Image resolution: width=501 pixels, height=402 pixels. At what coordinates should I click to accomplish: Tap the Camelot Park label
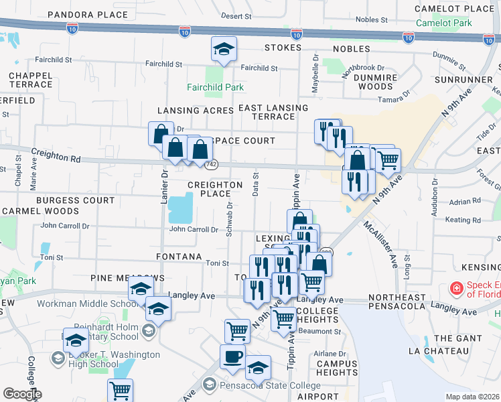pos(443,22)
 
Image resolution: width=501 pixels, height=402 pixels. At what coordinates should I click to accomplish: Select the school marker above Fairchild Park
pos(224,49)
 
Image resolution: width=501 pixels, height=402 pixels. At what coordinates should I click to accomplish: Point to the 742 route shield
pos(212,164)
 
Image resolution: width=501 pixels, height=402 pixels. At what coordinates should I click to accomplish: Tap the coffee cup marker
pos(232,356)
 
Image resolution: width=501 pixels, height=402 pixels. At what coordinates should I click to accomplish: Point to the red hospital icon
pos(456,288)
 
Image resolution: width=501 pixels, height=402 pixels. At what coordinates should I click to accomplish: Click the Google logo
pos(21,394)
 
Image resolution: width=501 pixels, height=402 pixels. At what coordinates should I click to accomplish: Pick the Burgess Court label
pos(75,200)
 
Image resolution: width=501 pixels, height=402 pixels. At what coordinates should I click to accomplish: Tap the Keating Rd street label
pos(458,220)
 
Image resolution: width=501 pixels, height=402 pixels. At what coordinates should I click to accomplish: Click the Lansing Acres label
pos(196,111)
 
